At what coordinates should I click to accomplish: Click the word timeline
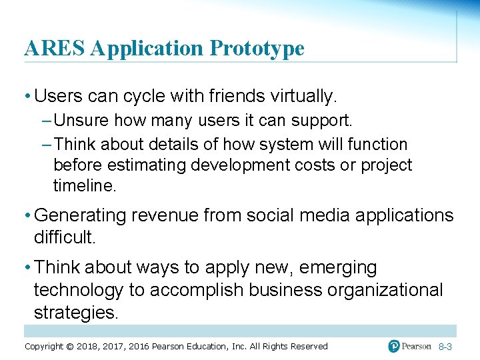tap(84, 186)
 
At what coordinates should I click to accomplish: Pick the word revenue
tap(166, 215)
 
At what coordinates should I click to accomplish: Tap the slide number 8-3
tap(446, 347)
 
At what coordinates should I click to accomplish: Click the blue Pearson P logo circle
tap(395, 346)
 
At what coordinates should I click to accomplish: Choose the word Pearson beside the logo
tap(417, 346)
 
